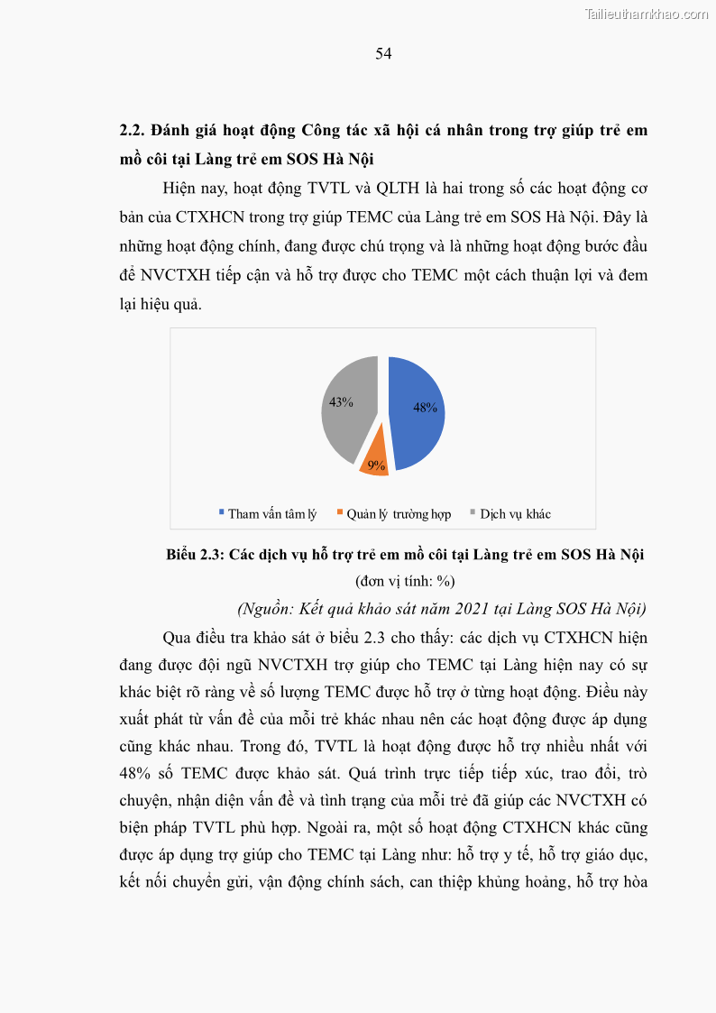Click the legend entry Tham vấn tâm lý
click(x=271, y=514)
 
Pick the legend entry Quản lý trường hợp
click(x=399, y=514)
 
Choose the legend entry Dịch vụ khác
click(x=515, y=514)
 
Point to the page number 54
click(x=383, y=53)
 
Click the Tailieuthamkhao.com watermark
click(x=647, y=14)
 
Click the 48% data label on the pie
click(x=425, y=408)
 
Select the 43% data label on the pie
click(x=341, y=402)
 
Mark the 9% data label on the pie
click(x=377, y=465)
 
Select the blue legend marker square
click(x=222, y=513)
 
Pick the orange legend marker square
click(x=340, y=513)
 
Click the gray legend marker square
click(x=473, y=513)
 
